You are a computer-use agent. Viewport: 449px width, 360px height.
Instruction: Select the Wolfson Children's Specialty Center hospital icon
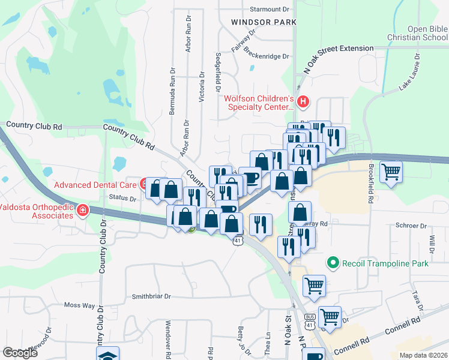coord(303,102)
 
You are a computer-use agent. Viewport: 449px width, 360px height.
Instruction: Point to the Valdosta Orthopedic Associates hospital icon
coord(82,211)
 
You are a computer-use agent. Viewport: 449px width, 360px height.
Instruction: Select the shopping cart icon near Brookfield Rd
coord(391,172)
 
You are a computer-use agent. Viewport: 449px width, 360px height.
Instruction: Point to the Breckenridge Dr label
coord(267,55)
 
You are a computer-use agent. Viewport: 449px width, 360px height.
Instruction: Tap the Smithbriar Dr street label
coord(151,296)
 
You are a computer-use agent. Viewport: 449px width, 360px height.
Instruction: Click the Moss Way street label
coord(80,305)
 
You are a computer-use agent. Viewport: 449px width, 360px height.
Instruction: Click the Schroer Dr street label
coord(411,226)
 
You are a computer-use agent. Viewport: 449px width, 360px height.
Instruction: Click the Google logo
coord(20,353)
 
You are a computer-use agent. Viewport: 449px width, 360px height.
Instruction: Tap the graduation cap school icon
coord(108,355)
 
